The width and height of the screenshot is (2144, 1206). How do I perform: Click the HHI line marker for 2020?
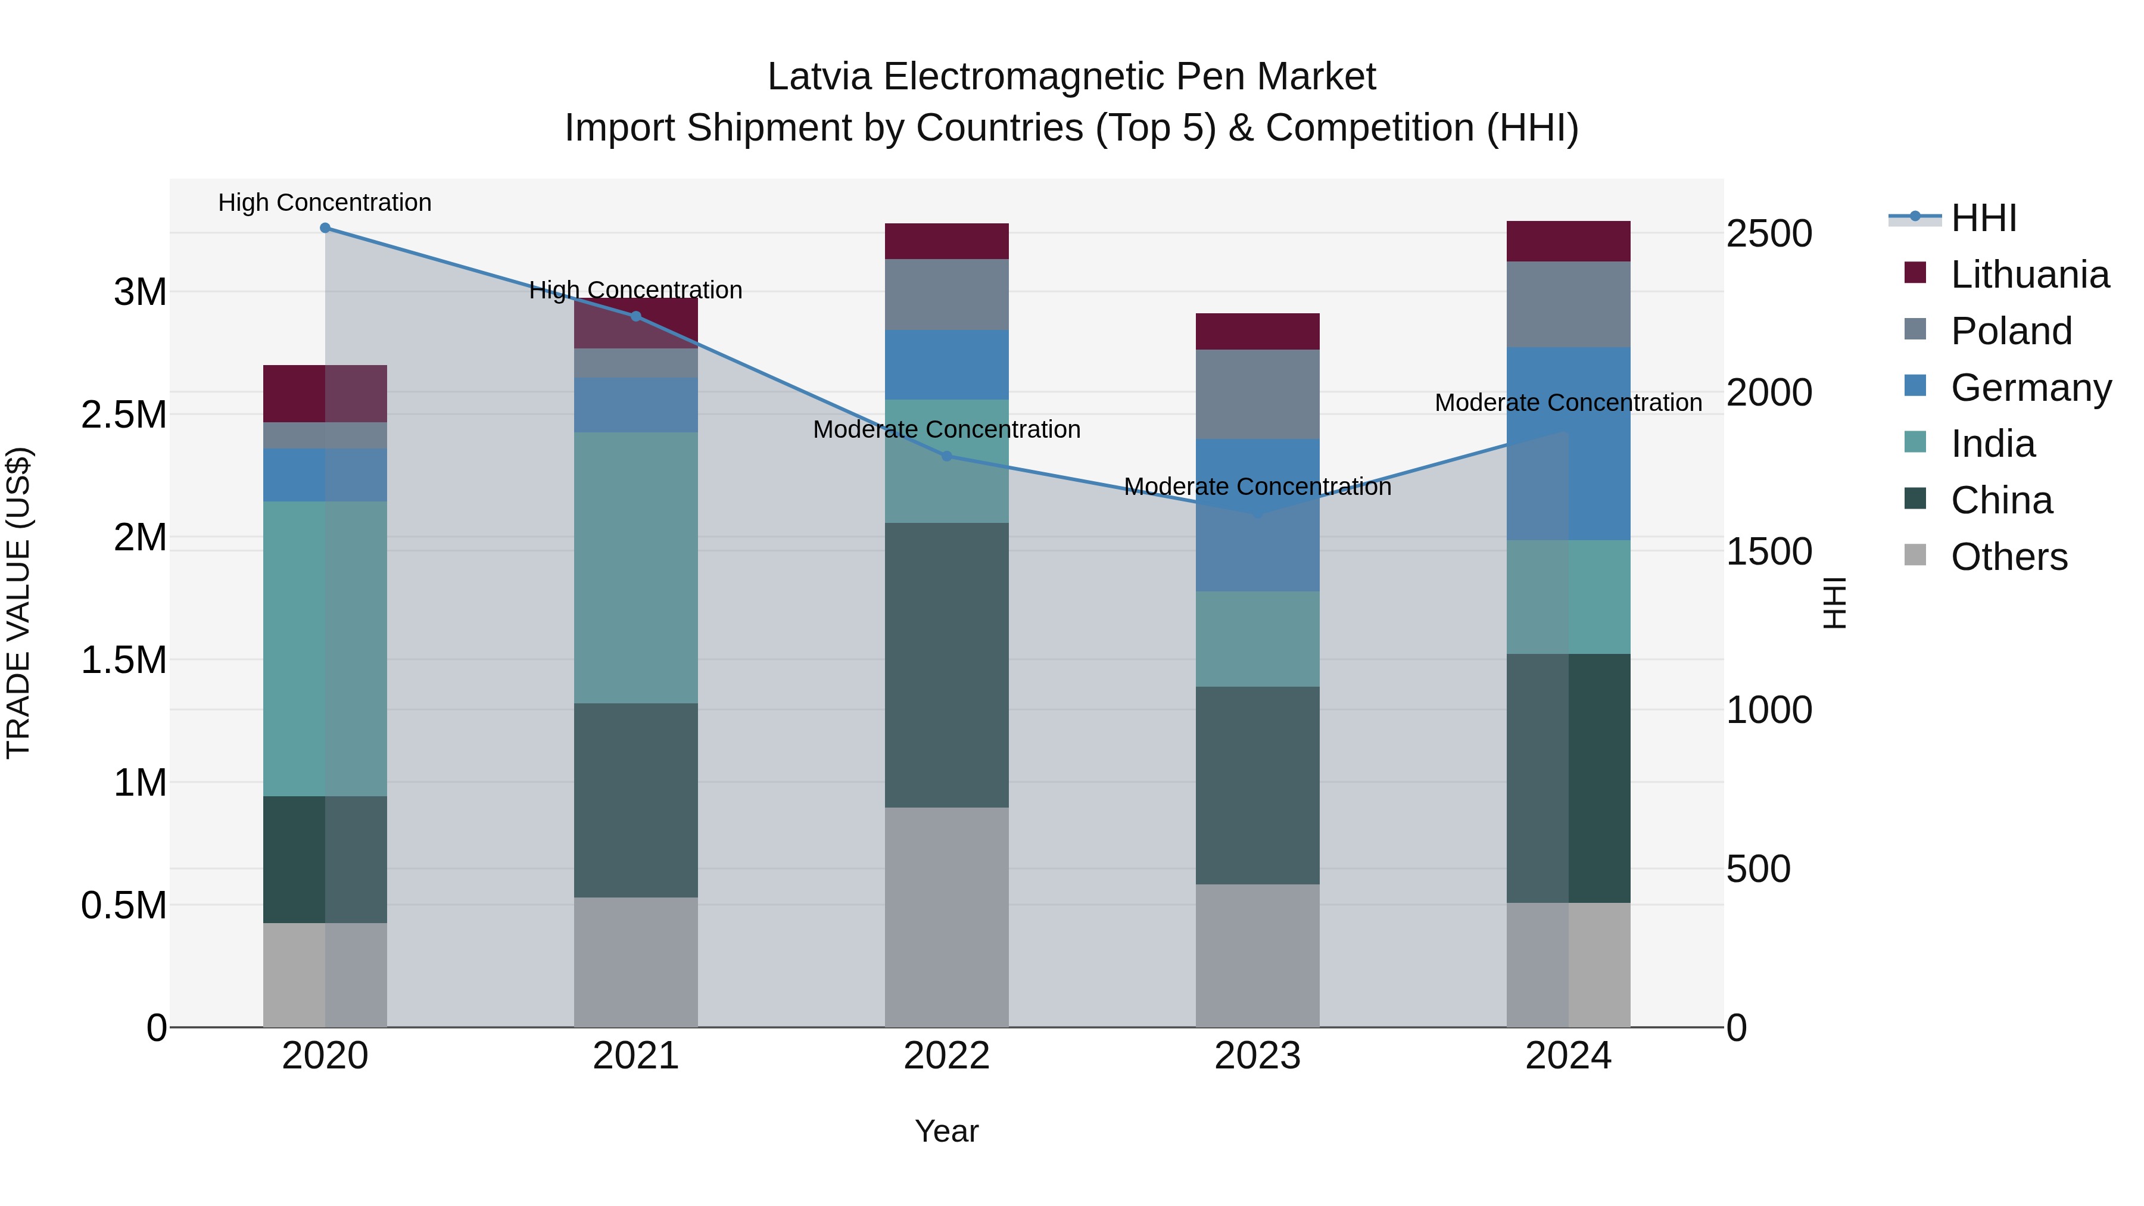pyautogui.click(x=325, y=228)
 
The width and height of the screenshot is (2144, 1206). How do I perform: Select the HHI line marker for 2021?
pyautogui.click(x=636, y=316)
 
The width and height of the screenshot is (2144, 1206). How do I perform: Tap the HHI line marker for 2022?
pyautogui.click(x=946, y=456)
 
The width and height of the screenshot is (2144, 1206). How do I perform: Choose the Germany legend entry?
pyautogui.click(x=2030, y=388)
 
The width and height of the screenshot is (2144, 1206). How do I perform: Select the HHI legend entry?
pyautogui.click(x=1983, y=218)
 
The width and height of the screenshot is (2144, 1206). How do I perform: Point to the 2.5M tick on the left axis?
pyautogui.click(x=123, y=415)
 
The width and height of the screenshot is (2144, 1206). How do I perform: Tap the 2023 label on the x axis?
pyautogui.click(x=1257, y=1056)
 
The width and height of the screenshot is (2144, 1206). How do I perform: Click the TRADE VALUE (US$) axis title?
pyautogui.click(x=18, y=603)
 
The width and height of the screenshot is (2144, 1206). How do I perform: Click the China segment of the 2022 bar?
pyautogui.click(x=946, y=666)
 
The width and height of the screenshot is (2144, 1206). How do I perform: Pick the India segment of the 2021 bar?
pyautogui.click(x=636, y=568)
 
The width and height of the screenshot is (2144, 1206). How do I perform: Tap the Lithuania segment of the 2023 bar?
pyautogui.click(x=1257, y=331)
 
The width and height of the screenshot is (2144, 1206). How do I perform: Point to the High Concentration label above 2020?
pyautogui.click(x=325, y=202)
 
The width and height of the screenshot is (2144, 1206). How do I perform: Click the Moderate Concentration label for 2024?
pyautogui.click(x=1568, y=403)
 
